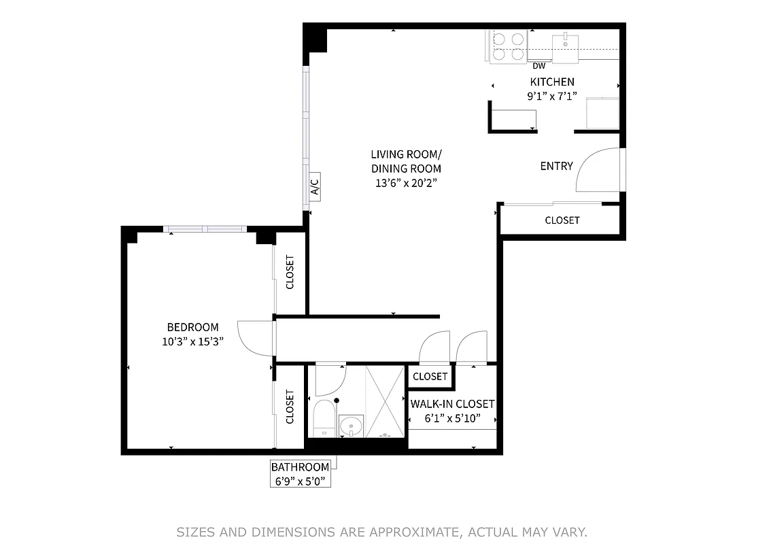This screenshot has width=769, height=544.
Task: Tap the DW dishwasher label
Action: pos(539,66)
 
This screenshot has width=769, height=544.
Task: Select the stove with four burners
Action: pos(508,46)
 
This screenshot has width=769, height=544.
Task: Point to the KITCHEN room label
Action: pos(552,82)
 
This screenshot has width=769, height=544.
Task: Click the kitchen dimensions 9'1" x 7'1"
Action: pos(552,96)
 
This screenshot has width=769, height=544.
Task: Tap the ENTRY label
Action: pos(556,166)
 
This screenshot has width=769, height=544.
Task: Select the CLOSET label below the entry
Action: pos(562,220)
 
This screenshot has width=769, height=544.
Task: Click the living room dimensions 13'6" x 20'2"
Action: pos(406,183)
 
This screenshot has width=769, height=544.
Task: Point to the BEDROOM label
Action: pos(193,327)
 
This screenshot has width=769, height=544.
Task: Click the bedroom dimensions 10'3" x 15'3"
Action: pos(193,341)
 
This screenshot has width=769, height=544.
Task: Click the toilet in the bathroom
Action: pos(324,416)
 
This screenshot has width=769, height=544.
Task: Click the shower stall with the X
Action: pos(386,401)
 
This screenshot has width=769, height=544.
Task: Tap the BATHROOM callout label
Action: pos(300,467)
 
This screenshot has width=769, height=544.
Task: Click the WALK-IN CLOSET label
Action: pos(452,404)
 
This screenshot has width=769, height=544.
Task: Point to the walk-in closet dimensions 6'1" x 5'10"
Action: pos(452,418)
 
